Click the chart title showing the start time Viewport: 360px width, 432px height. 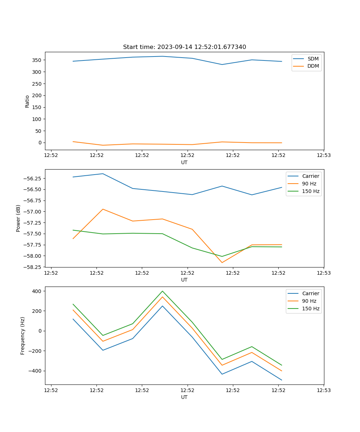pyautogui.click(x=184, y=47)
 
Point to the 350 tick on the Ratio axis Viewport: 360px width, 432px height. pyautogui.click(x=37, y=60)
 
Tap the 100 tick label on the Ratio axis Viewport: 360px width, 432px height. pyautogui.click(x=37, y=119)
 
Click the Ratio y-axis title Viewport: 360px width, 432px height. pyautogui.click(x=27, y=101)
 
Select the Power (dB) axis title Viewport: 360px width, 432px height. pyautogui.click(x=18, y=218)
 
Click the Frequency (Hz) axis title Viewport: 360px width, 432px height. pyautogui.click(x=23, y=336)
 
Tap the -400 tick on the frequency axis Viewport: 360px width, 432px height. pyautogui.click(x=36, y=371)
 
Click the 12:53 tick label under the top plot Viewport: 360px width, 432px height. pyautogui.click(x=323, y=156)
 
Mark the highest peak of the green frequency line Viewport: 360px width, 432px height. pyautogui.click(x=162, y=291)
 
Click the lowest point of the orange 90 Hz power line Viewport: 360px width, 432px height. pyautogui.click(x=222, y=262)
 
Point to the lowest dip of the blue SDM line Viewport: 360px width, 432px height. pyautogui.click(x=222, y=64)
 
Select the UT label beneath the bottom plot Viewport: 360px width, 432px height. pyautogui.click(x=184, y=397)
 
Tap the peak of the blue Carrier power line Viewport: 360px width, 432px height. pyautogui.click(x=103, y=174)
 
